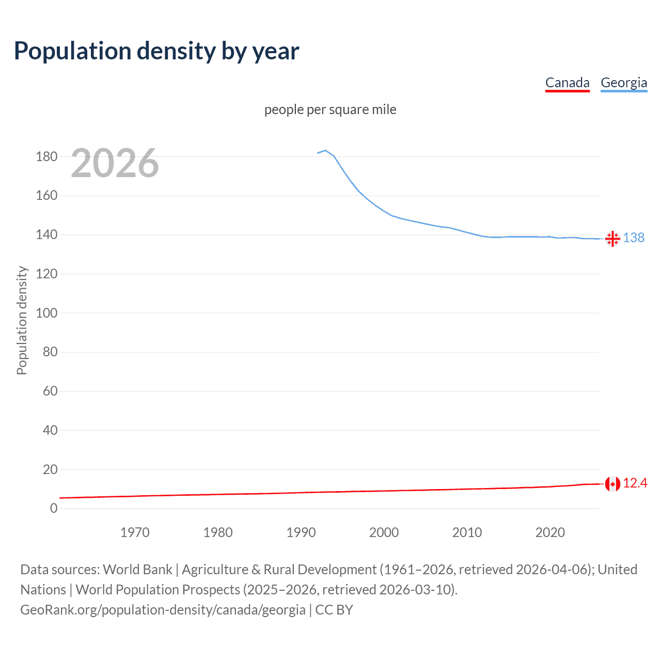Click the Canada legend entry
coord(567,83)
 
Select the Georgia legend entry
coord(623,83)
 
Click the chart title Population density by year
coord(156,51)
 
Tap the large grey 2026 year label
coord(115,163)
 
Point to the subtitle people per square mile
coord(330,109)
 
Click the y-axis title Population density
coord(22,320)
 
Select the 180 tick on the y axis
coord(46,156)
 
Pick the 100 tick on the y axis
coord(46,313)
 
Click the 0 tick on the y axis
coord(54,508)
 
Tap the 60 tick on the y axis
coord(50,391)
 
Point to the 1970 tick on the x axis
coord(135,532)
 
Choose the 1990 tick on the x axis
coord(301,532)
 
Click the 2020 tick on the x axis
coord(550,532)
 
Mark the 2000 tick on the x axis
coord(384,532)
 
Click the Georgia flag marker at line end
coord(612,239)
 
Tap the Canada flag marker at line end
coord(612,484)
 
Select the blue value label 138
coord(634,238)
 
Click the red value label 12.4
coord(635,483)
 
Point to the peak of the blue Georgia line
coord(325,150)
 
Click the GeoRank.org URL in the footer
coord(163,609)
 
